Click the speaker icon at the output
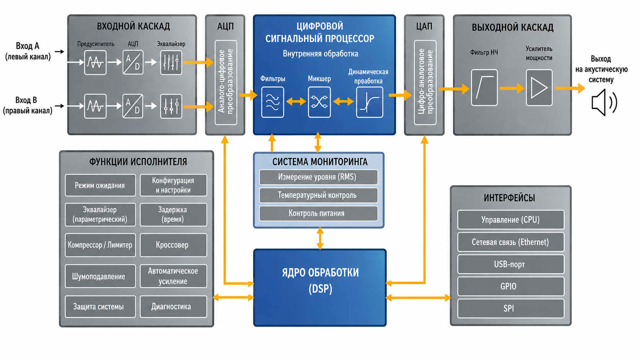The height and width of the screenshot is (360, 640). coord(603,102)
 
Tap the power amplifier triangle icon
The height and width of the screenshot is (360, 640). coord(539,88)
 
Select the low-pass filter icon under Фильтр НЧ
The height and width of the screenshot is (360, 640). coord(484,88)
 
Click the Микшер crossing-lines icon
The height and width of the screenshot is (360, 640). coord(320,102)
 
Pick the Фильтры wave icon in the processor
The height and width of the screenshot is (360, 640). coord(273,102)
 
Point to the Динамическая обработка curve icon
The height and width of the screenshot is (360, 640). coord(369,102)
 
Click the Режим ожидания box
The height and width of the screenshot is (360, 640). coord(100,185)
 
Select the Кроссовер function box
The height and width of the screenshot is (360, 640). coord(173,245)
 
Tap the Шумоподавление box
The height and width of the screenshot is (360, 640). coord(100,276)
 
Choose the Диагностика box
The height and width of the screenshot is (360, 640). coord(173,306)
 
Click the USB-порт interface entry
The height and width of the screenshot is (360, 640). coord(511,264)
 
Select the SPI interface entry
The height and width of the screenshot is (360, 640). coord(511,308)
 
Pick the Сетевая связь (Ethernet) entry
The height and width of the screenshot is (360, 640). coord(511,242)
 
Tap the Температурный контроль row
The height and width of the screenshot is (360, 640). coord(318,195)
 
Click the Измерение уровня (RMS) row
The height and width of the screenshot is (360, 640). coord(318,177)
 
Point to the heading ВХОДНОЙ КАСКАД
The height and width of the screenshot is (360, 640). coord(134,26)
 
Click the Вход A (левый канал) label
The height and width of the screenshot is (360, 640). coord(28,51)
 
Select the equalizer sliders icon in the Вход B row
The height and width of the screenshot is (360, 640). coord(171,106)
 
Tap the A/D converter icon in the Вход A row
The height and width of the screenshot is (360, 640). coord(133,62)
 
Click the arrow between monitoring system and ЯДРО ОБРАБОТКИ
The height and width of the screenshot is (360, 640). coord(320,238)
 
